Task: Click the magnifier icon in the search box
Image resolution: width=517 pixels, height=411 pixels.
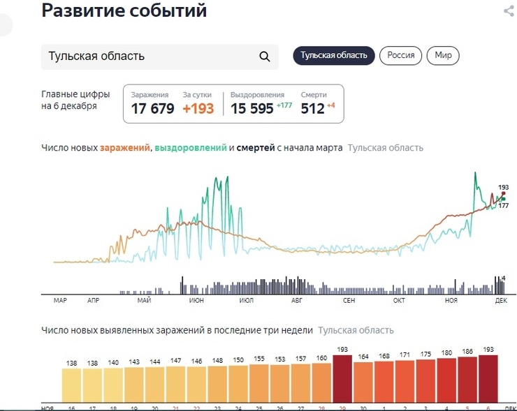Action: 265,57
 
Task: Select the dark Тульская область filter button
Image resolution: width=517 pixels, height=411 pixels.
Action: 334,56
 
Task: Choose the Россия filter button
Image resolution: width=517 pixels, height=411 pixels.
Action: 401,56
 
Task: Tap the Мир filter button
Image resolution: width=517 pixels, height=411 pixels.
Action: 443,56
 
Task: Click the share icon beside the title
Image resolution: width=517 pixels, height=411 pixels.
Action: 509,11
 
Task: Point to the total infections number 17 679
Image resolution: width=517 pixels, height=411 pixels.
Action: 152,109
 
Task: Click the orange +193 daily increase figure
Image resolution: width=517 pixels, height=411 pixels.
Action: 198,109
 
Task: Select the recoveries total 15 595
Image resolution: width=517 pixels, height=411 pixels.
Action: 252,109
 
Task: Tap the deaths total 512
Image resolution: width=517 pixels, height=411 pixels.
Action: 313,109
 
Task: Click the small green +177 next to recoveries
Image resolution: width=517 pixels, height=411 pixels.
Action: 284,105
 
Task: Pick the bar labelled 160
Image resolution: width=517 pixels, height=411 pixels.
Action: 322,384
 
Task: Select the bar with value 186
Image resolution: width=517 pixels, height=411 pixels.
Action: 467,382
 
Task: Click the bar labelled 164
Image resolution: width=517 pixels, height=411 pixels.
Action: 363,384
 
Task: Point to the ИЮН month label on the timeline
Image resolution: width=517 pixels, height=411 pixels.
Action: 196,301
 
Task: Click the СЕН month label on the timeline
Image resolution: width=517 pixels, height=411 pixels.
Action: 349,301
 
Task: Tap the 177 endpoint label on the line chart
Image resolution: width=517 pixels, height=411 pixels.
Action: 503,205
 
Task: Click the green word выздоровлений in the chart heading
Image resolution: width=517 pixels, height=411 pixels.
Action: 191,148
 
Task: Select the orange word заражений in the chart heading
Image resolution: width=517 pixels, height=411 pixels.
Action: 125,148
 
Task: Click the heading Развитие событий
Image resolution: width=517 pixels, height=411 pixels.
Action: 124,11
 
